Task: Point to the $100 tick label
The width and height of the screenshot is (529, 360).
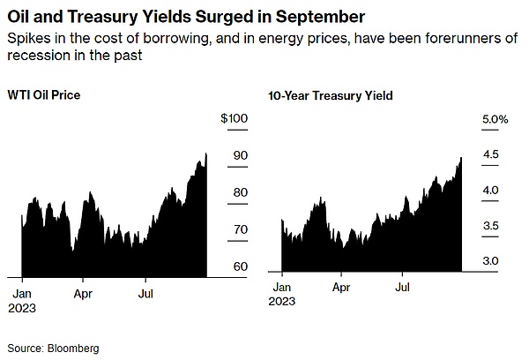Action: tap(235, 118)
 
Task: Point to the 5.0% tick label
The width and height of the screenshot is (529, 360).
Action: tap(495, 118)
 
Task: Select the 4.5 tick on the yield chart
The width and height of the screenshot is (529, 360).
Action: tap(491, 154)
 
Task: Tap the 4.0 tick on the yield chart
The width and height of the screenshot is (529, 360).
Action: tap(491, 191)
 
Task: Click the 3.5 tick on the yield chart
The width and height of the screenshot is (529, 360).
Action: tap(491, 227)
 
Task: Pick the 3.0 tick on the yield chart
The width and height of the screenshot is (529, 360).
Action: tap(491, 261)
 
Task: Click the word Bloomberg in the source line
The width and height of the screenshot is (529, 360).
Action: tap(74, 349)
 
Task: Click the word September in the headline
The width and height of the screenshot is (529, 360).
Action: tap(294, 17)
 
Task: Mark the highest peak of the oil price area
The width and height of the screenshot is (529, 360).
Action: tap(205, 153)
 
